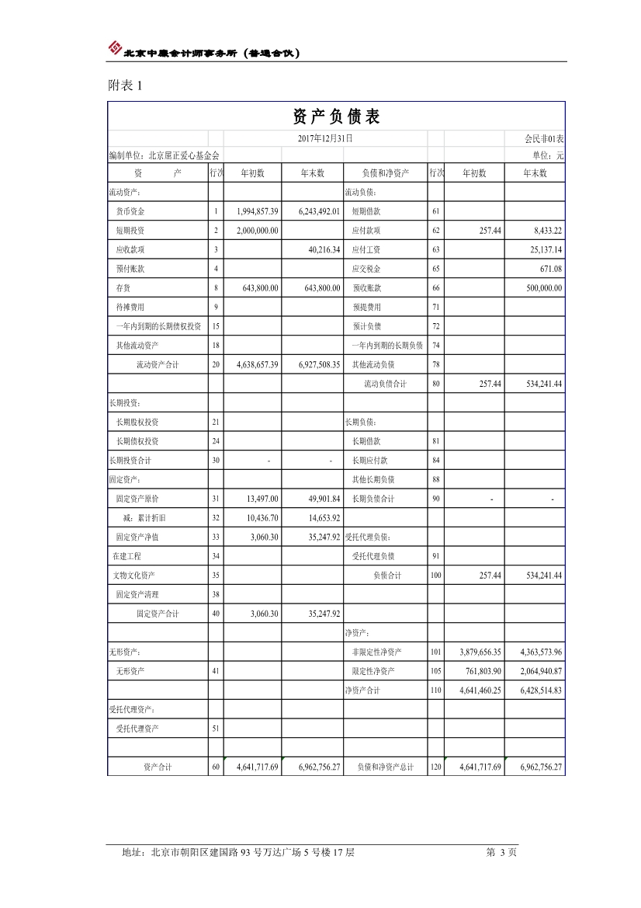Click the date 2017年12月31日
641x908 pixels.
coord(325,138)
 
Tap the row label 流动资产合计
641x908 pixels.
coord(158,365)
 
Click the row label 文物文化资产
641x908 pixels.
coord(135,576)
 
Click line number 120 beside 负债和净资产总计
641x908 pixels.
coord(435,767)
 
